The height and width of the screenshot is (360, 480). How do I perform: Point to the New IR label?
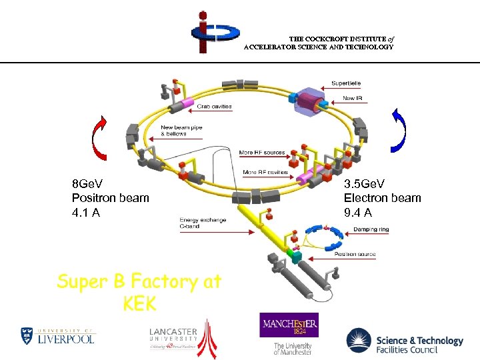point(353,98)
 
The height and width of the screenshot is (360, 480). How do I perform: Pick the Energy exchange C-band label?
point(203,223)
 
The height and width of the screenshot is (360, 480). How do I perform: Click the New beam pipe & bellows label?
point(182,131)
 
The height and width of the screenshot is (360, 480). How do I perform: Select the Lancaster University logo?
point(183,337)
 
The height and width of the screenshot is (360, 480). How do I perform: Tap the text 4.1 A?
point(86,213)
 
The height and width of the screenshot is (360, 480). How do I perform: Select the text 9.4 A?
point(358,213)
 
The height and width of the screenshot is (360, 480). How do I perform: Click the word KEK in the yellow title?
point(139,304)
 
